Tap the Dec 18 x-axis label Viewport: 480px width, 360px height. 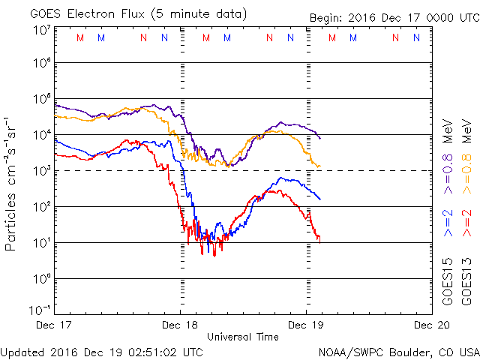(179, 325)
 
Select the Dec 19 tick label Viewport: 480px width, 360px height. (306, 325)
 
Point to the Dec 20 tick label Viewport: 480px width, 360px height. (432, 325)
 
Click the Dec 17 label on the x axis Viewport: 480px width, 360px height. (53, 325)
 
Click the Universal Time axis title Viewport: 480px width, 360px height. (242, 337)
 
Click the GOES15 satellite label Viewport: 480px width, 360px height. (448, 282)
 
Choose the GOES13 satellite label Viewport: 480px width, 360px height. (467, 282)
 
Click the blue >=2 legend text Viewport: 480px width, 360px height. (448, 223)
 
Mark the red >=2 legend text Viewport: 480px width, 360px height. (466, 223)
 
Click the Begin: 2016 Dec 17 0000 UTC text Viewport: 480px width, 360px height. (394, 18)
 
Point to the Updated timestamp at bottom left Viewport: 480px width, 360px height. (101, 351)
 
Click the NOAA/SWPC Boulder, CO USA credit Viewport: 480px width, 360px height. (398, 351)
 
